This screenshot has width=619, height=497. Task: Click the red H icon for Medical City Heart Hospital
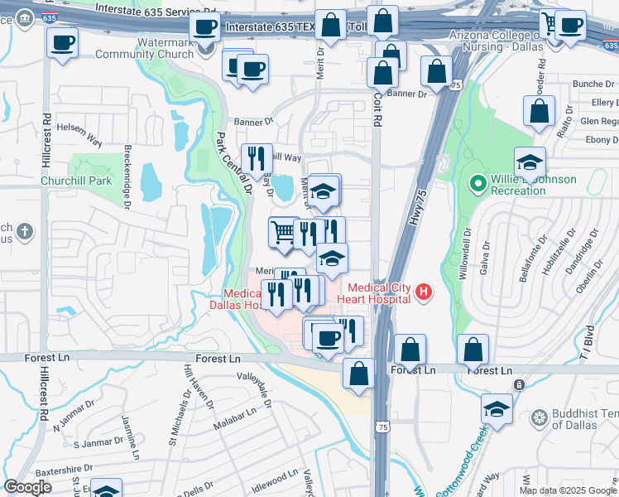[x=424, y=292]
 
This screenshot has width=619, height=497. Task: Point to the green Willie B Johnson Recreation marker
[x=477, y=183]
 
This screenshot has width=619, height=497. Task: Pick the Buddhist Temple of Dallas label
[x=579, y=422]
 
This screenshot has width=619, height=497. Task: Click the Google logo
[x=27, y=487]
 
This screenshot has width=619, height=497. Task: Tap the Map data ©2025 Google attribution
[x=567, y=490]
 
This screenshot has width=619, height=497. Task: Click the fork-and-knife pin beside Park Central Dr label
[x=257, y=157]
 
